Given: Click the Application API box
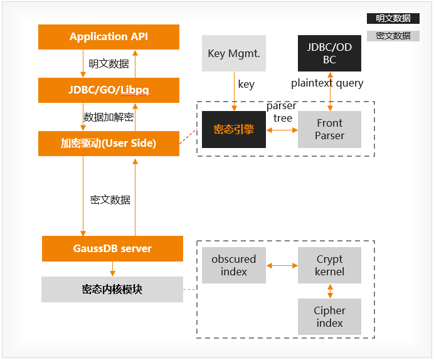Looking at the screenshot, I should (109, 37).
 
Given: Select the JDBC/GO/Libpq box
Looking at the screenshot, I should (109, 90).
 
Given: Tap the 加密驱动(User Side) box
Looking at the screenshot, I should (109, 144).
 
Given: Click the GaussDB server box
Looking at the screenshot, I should (112, 248).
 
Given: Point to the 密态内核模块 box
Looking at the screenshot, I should (112, 289).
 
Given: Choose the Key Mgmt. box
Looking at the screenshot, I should (234, 53).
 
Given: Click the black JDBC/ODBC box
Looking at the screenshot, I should (329, 53).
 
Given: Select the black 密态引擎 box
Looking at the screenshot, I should (233, 130).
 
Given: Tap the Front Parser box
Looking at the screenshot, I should (329, 130).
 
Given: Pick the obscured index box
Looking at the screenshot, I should (233, 265).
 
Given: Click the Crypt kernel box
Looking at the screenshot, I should (329, 265).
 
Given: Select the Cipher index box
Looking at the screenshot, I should (329, 317).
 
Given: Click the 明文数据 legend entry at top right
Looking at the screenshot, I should (393, 19).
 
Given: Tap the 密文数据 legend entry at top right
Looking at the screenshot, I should (393, 36).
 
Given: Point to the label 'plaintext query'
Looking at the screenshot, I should (327, 83).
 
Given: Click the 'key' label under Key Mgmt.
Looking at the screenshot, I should (246, 84).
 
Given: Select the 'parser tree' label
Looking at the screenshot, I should (282, 112).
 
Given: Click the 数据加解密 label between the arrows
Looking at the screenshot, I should (109, 117).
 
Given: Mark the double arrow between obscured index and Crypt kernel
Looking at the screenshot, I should (282, 266).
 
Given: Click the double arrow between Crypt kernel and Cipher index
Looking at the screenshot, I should (330, 291).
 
